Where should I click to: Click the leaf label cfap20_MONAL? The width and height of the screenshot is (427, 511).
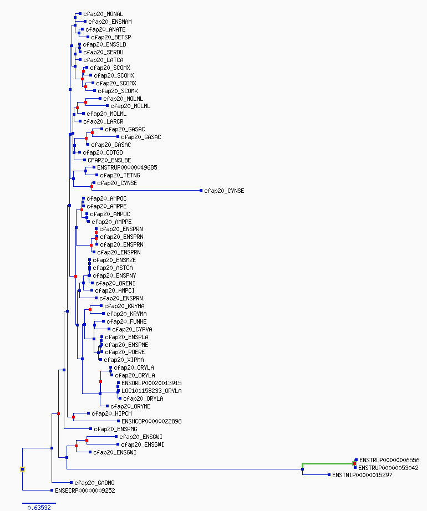103,14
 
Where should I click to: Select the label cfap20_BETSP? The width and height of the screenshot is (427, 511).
111,37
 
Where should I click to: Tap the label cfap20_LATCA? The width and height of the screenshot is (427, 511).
103,60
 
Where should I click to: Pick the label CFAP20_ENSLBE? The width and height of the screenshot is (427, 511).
109,160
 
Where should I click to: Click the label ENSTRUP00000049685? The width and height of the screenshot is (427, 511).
127,167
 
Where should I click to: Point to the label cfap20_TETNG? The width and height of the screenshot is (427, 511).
120,175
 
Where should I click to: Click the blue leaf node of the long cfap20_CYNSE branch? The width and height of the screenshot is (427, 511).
201,191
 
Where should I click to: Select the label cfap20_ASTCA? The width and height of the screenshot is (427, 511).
113,268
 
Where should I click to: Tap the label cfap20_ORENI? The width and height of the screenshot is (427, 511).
115,284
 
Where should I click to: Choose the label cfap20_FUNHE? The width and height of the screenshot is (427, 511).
126,321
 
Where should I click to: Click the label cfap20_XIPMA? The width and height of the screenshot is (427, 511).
124,360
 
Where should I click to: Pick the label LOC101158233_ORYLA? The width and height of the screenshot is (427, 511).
151,391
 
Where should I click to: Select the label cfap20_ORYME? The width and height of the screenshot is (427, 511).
130,406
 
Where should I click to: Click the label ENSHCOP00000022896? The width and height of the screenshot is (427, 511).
151,421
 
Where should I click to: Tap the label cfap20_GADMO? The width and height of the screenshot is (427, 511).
94,483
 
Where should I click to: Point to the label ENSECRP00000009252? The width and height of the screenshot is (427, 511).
85,491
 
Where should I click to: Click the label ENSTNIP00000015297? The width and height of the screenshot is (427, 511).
362,475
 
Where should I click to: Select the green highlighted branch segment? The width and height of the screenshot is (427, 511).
328,463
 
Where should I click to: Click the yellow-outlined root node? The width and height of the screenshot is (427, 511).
23,469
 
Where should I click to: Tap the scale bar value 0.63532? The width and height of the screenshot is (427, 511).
39,508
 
